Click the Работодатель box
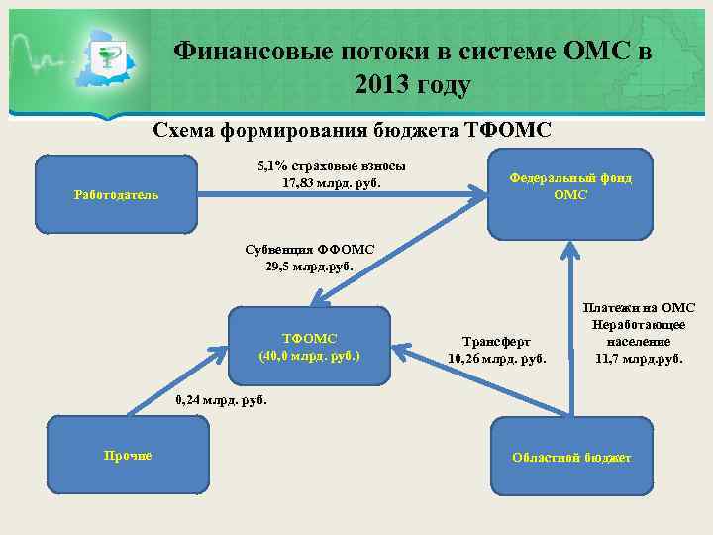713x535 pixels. (x=116, y=194)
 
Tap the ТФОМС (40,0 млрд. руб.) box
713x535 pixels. (x=309, y=346)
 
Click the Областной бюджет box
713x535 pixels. (x=570, y=457)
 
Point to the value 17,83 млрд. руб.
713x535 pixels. (x=331, y=183)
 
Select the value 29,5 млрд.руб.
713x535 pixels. (x=309, y=266)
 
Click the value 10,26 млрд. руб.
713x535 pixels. (x=496, y=358)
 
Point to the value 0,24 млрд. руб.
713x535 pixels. (x=220, y=400)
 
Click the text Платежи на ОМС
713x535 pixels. (x=639, y=308)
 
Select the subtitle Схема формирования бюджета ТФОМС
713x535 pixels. (x=352, y=131)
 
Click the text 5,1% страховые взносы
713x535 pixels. (x=331, y=166)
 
